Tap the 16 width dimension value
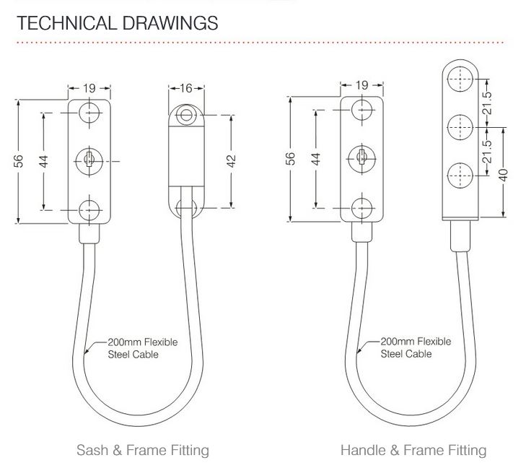pyautogui.click(x=186, y=88)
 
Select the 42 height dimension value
pyautogui.click(x=232, y=160)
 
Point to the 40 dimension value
pyautogui.click(x=504, y=174)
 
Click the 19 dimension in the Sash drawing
pyautogui.click(x=89, y=88)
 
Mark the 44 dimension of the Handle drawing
pyautogui.click(x=315, y=159)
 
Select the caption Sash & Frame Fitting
pyautogui.click(x=142, y=451)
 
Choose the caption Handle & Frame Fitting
pyautogui.click(x=413, y=451)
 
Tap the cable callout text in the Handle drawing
pyautogui.click(x=416, y=347)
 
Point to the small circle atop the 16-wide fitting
pyautogui.click(x=187, y=116)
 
